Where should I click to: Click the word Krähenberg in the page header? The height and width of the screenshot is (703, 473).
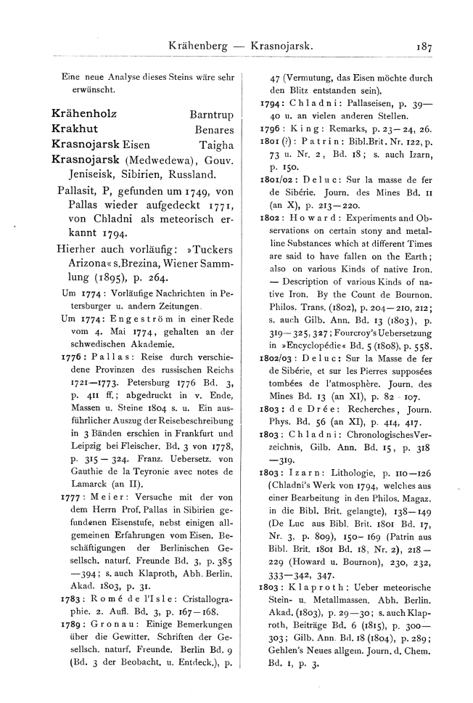195,44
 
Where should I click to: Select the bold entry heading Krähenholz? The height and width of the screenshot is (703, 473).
84,114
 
